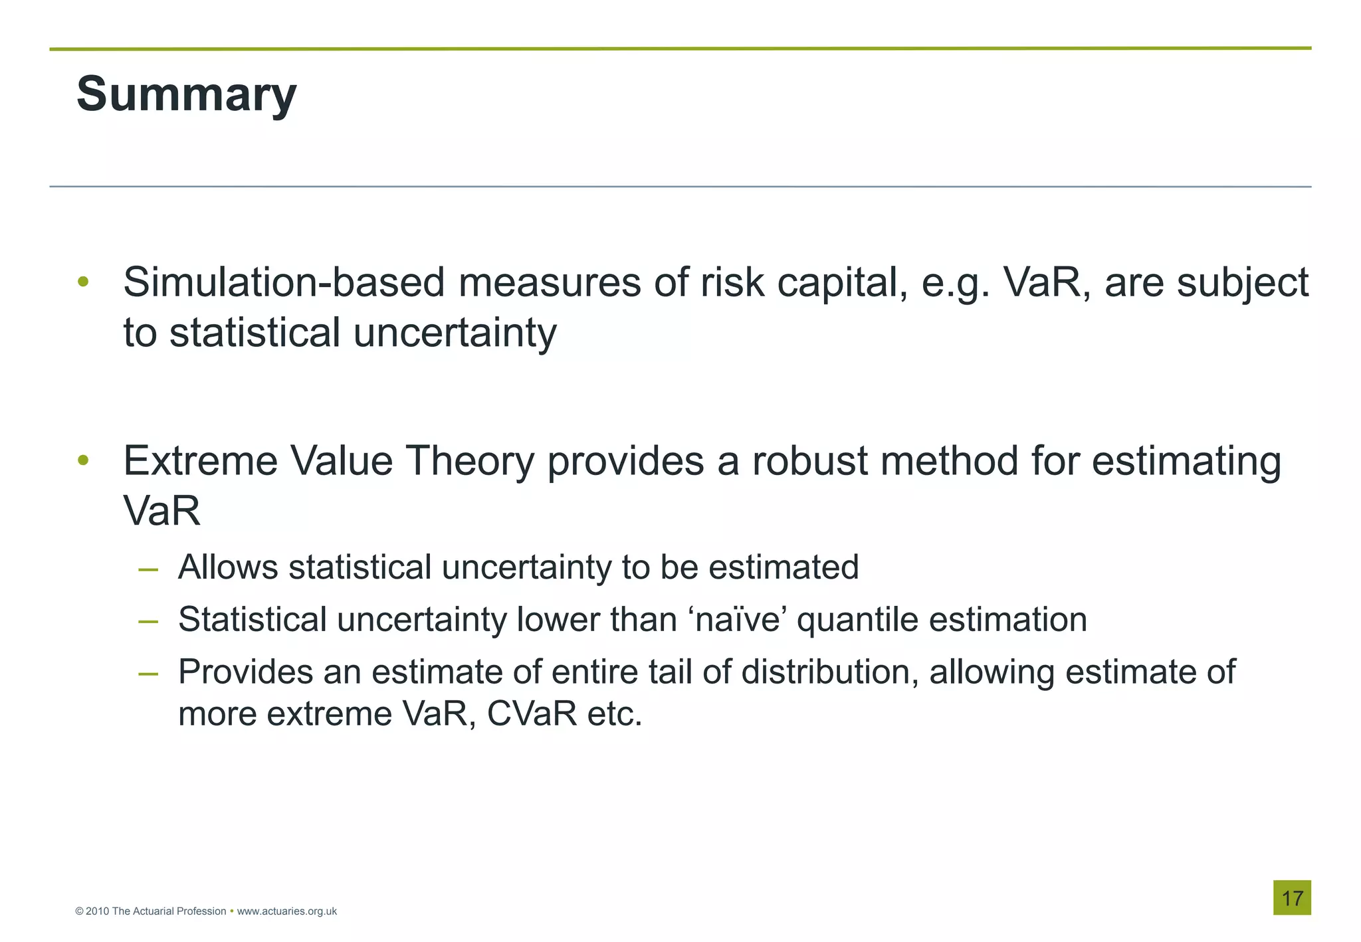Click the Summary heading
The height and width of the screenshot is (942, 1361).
186,94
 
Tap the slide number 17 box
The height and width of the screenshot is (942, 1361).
1292,898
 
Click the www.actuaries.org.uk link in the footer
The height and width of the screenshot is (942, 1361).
286,911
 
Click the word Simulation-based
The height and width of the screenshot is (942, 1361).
284,282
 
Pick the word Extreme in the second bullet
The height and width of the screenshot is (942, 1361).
200,460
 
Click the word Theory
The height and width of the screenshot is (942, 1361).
470,462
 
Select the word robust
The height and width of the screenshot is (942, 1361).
809,460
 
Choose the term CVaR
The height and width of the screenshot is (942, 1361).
532,713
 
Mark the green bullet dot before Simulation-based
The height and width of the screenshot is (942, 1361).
83,282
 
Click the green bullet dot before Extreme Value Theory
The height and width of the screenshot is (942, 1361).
83,460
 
